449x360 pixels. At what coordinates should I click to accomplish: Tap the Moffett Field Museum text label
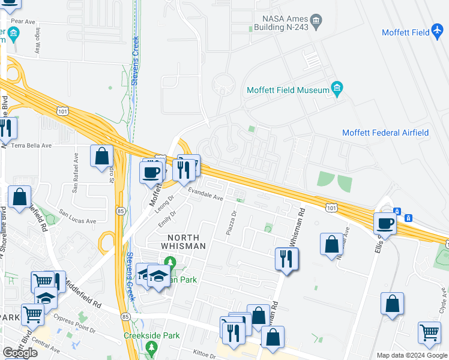(288, 91)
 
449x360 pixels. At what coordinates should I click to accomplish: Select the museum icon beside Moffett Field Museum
(337, 90)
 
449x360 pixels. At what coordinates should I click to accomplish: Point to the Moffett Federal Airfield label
(393, 133)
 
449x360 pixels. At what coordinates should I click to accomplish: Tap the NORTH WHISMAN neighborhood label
(182, 241)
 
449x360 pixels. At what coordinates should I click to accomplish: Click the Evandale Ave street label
(205, 193)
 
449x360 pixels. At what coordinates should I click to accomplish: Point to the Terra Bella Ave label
(31, 145)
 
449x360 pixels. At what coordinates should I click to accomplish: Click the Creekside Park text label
(152, 336)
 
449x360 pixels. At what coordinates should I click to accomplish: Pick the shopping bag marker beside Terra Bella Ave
(102, 156)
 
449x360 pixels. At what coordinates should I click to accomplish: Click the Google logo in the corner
(20, 353)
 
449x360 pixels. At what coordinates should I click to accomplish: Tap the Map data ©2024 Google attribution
(411, 355)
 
